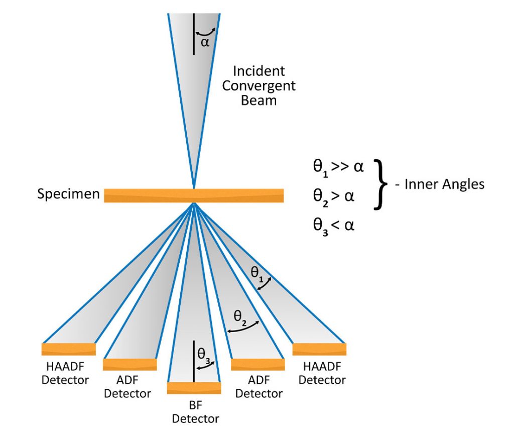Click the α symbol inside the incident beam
click(205, 42)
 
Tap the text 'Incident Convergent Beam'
click(259, 85)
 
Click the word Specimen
click(68, 194)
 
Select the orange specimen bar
click(194, 195)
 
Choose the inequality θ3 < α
click(334, 225)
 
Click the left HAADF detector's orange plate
click(68, 349)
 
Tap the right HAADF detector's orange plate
click(319, 349)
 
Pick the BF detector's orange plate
click(194, 388)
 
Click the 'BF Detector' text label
click(195, 411)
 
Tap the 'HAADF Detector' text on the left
click(65, 372)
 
